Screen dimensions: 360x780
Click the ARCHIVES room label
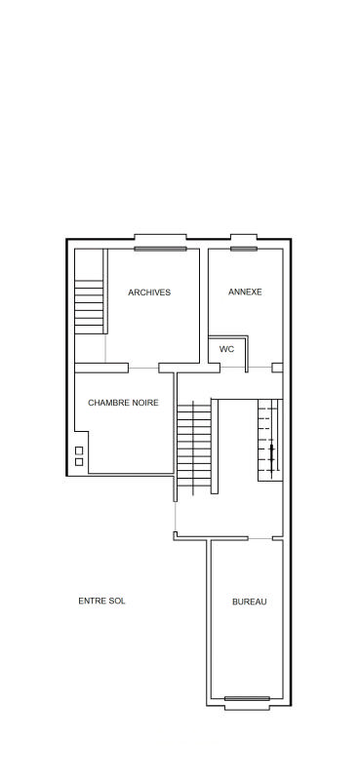coord(149,292)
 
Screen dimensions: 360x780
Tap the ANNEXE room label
coord(245,292)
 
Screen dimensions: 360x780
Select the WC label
coord(226,349)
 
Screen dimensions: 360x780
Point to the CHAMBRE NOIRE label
coord(123,403)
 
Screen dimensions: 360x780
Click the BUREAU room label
coord(250,602)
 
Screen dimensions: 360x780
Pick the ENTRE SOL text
coord(101,601)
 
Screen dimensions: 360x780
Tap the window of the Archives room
coord(160,249)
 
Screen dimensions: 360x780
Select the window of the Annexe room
coord(244,249)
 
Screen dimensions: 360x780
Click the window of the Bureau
coord(247,698)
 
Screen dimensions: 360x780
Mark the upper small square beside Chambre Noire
coord(79,450)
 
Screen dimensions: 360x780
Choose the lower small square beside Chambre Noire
coord(79,462)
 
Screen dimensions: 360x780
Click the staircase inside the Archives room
coord(89,306)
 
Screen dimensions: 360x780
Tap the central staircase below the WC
coord(194,446)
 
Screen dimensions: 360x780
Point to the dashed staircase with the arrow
coord(268,441)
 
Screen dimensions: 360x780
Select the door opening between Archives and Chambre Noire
coord(143,369)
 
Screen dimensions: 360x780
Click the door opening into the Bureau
coord(260,539)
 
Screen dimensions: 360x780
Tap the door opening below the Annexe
coord(260,368)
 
